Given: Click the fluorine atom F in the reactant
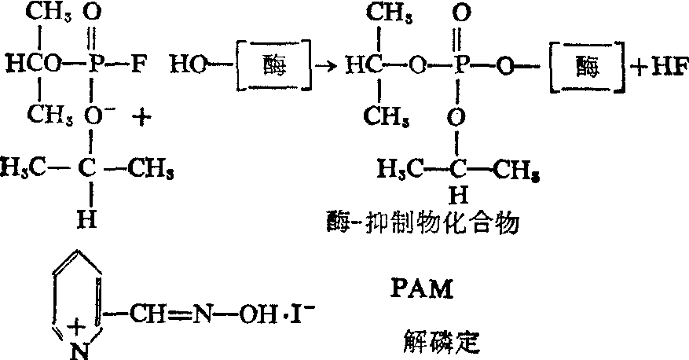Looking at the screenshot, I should [136, 64].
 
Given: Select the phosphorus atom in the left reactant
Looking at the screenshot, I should [93, 64].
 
